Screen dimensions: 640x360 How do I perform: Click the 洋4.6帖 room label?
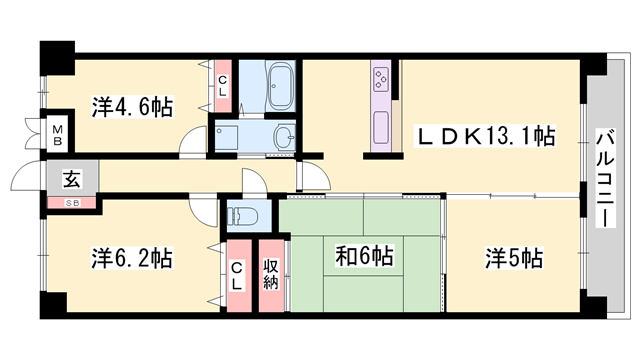point(132,107)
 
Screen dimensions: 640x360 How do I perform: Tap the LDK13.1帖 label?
point(485,136)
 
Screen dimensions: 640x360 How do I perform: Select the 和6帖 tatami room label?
point(364,256)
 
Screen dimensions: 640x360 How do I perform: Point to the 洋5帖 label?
point(514,258)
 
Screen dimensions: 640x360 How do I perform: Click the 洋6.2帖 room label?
point(132,258)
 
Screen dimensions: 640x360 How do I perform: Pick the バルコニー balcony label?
point(606,178)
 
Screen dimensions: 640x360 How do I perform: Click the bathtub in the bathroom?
point(281,86)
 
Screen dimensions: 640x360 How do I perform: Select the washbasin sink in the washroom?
point(284,135)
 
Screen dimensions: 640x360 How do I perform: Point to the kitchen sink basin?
point(381,127)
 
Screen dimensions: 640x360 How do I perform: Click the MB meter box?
point(58,135)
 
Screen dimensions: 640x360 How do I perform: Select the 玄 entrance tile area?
point(73,178)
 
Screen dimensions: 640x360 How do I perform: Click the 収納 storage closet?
point(271,276)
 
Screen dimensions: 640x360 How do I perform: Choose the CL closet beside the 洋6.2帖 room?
point(239,276)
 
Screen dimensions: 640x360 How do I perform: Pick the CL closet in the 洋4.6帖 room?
point(223,86)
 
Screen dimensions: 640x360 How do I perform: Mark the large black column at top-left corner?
point(57,58)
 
